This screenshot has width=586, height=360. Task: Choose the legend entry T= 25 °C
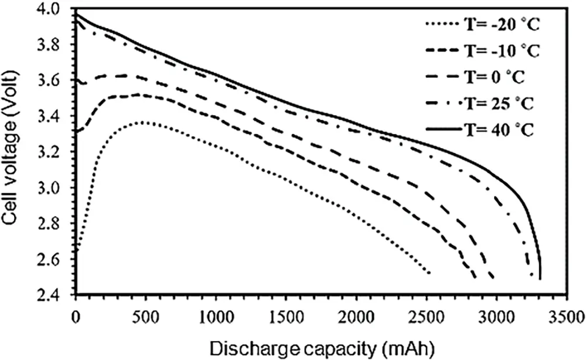point(504,104)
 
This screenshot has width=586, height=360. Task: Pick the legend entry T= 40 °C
point(504,130)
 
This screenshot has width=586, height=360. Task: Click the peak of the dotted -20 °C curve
point(142,122)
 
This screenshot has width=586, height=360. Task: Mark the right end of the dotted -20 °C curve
point(430,273)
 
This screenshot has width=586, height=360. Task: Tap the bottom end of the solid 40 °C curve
point(539,279)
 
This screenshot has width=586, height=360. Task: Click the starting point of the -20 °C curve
point(76,251)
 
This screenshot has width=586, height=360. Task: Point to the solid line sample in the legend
point(443,130)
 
